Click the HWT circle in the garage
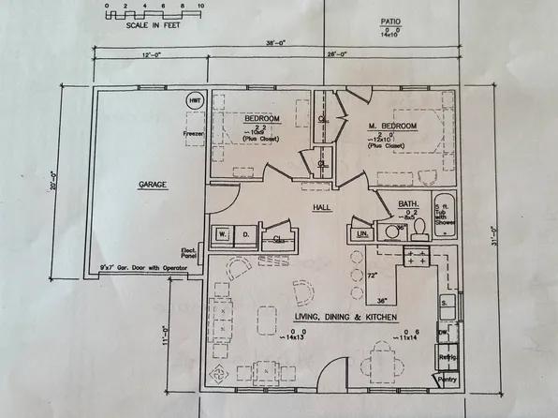pos(195,100)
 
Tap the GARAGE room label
pos(153,185)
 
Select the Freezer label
pos(194,133)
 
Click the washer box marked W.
pos(223,233)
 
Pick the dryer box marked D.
pos(244,233)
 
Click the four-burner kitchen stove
pos(416,256)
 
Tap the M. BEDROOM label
pos(390,126)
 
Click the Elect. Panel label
pos(186,253)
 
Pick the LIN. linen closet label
pos(361,231)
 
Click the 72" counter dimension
pos(371,276)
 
